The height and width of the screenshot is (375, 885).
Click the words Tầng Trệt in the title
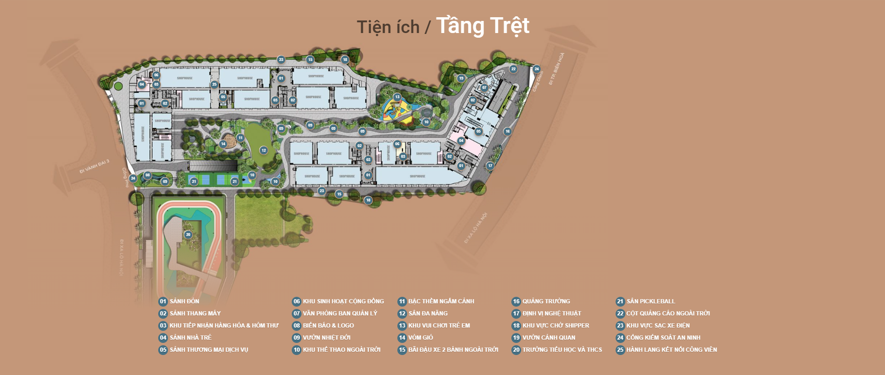pyautogui.click(x=483, y=26)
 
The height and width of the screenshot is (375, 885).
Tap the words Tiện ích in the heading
pyautogui.click(x=388, y=27)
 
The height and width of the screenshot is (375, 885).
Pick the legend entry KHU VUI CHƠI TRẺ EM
pyautogui.click(x=439, y=326)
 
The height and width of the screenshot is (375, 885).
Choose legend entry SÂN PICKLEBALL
pyautogui.click(x=650, y=301)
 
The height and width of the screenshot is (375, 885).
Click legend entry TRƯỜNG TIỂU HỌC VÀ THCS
pyautogui.click(x=562, y=350)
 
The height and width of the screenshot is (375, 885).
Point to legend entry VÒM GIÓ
pyautogui.click(x=420, y=338)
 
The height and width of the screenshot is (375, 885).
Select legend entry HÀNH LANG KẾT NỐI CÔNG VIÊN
pyautogui.click(x=671, y=350)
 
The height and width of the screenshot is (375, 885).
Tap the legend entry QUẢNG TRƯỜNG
pyautogui.click(x=546, y=301)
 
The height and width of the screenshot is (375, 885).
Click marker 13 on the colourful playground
pyautogui.click(x=397, y=97)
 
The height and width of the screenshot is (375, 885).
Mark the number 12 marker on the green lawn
pyautogui.click(x=264, y=150)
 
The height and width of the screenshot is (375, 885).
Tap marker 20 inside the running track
pyautogui.click(x=188, y=234)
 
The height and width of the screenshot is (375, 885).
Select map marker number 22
pyautogui.click(x=513, y=69)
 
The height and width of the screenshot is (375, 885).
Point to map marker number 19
pyautogui.click(x=461, y=78)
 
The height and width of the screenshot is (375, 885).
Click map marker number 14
pyautogui.click(x=223, y=144)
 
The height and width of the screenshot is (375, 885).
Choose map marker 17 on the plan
pyautogui.click(x=490, y=166)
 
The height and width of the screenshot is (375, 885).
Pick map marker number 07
pyautogui.click(x=484, y=87)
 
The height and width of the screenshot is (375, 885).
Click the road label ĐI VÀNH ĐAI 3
pyautogui.click(x=94, y=166)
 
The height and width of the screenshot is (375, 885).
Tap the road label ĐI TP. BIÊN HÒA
pyautogui.click(x=556, y=68)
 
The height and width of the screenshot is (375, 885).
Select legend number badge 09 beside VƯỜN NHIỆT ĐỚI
pyautogui.click(x=296, y=338)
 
